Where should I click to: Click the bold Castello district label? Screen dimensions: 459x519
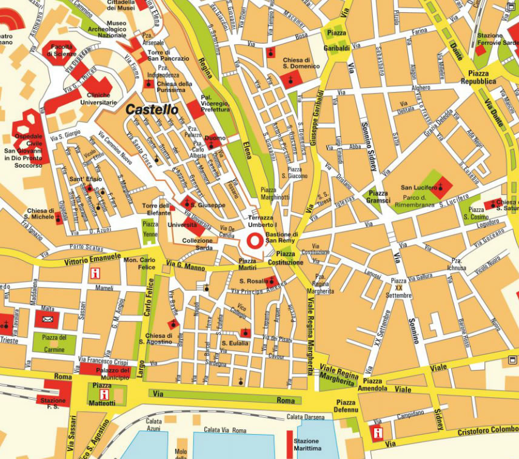(x=152, y=110)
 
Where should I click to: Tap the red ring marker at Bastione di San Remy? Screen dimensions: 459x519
(x=254, y=241)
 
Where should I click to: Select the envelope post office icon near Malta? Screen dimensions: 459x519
(x=48, y=319)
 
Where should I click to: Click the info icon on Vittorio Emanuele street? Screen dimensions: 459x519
(x=94, y=273)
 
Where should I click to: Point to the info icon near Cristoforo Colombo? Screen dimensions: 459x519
(x=377, y=432)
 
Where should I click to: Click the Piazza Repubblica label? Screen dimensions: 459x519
(x=478, y=77)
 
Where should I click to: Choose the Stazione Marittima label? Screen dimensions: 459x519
(x=306, y=445)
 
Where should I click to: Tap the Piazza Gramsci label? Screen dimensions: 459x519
(x=378, y=197)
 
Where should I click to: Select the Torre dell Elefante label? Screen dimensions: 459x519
(x=156, y=210)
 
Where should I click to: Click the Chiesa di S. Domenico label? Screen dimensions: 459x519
(x=301, y=64)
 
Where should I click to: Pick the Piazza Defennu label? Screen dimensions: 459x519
(x=346, y=406)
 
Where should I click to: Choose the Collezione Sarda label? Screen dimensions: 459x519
(x=197, y=244)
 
